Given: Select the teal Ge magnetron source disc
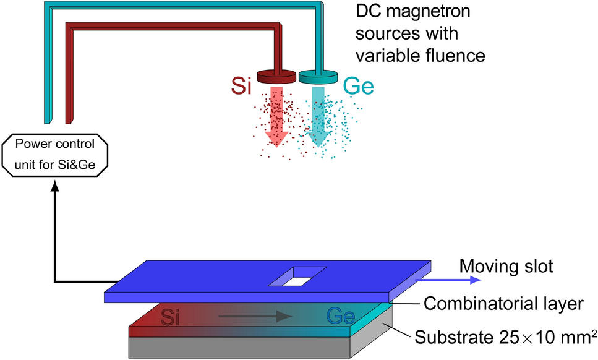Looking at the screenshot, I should point(318,77).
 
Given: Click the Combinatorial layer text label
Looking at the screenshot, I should point(502,303).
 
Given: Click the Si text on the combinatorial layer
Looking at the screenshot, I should point(175,319).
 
